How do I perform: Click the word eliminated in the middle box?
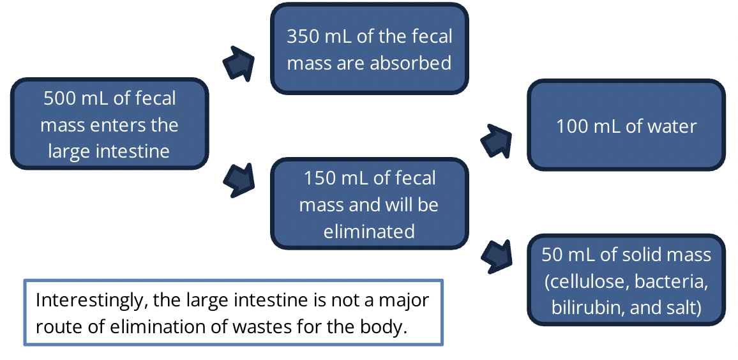(x=369, y=231)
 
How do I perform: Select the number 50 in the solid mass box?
(x=552, y=255)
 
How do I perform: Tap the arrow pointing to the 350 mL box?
(x=239, y=63)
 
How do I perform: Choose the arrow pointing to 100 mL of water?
(x=496, y=139)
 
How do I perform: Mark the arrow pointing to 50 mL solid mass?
(x=497, y=255)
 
